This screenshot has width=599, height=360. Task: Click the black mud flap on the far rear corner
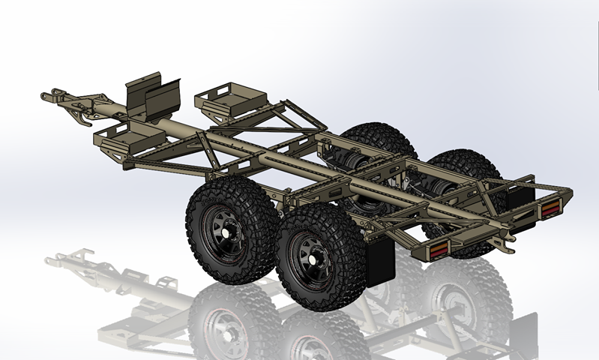[518, 196]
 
